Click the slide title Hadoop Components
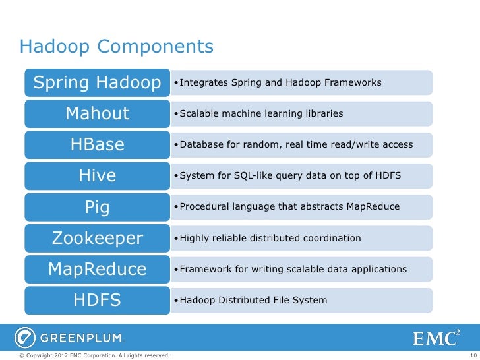[x=117, y=47]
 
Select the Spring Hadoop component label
[x=97, y=83]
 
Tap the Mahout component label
[x=97, y=113]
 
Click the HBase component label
[x=97, y=144]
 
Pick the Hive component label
[x=97, y=175]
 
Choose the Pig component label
[x=97, y=207]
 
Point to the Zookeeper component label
[x=97, y=238]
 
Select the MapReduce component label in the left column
[x=97, y=269]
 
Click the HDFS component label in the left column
[x=97, y=301]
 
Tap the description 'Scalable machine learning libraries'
[x=261, y=114]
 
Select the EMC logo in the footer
[x=436, y=338]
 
